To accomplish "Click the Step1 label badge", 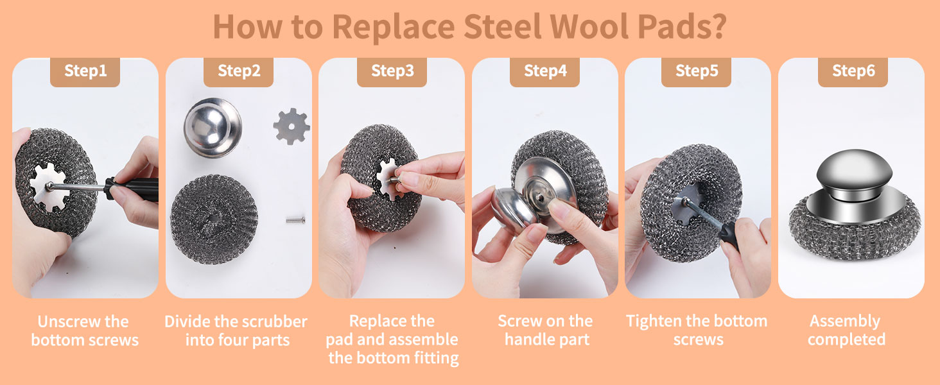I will click(x=85, y=71).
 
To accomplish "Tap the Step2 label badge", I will click(x=239, y=71).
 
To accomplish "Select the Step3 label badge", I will click(x=392, y=71).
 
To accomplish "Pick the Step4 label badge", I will click(x=545, y=71).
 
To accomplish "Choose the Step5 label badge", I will click(x=697, y=71).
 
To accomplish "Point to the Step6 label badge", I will click(x=853, y=71).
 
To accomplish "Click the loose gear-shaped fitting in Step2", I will click(x=291, y=126).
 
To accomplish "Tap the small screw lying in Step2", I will click(x=295, y=220).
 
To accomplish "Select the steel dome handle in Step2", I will click(x=213, y=126).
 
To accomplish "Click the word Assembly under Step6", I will click(x=844, y=321).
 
